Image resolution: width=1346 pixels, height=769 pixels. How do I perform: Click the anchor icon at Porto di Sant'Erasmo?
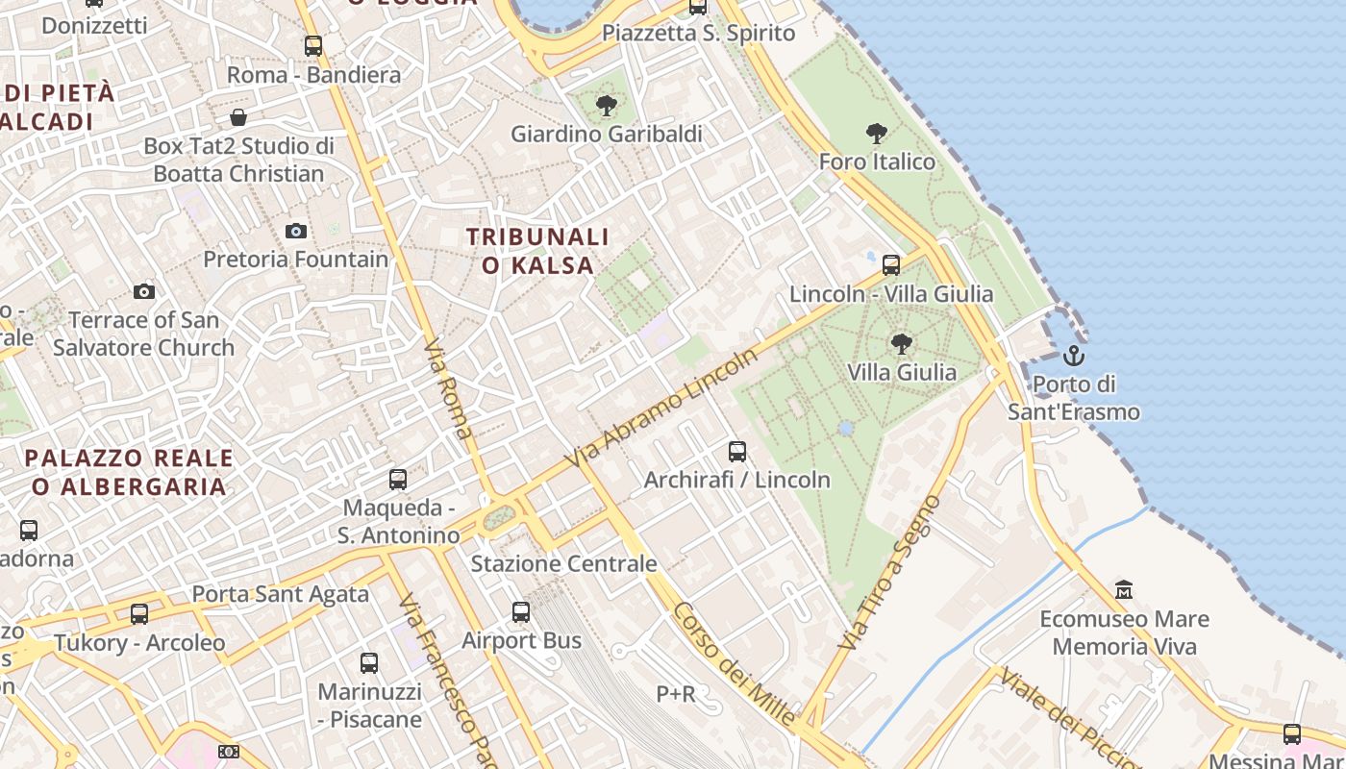tap(1073, 357)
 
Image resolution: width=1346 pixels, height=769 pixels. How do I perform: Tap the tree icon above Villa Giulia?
tap(901, 343)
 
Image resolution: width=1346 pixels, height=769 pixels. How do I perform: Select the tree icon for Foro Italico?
tap(876, 133)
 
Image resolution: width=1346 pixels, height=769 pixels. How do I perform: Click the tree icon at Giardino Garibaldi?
tap(606, 105)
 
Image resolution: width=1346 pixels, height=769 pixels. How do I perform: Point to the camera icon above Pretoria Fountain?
tap(296, 231)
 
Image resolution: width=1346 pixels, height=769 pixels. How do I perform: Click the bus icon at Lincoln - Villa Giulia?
tap(891, 264)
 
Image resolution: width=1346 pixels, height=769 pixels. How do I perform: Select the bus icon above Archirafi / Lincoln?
tap(737, 451)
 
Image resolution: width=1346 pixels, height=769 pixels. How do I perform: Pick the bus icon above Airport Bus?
tap(521, 611)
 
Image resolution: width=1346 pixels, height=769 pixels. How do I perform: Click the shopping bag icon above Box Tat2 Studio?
tap(237, 117)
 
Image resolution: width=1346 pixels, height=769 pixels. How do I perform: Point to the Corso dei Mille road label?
tap(735, 663)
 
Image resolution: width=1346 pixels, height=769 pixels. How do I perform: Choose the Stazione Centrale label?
tap(563, 563)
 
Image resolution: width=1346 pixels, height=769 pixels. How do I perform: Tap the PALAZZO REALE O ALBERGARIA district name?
tap(129, 472)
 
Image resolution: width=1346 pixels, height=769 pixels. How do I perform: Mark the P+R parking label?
tap(676, 693)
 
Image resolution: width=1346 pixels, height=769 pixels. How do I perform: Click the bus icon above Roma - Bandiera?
tap(313, 45)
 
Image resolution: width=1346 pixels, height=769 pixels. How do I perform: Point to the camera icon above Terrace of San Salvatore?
tap(144, 291)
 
